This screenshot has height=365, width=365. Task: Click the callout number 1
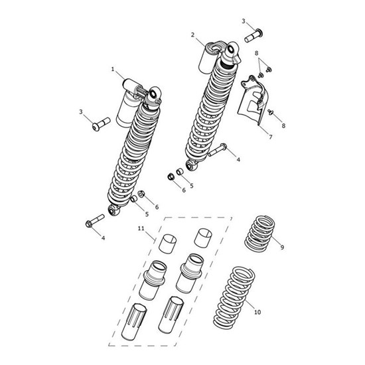point(113,69)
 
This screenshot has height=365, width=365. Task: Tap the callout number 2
point(192,35)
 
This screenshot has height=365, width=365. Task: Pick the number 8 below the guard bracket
point(284,125)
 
